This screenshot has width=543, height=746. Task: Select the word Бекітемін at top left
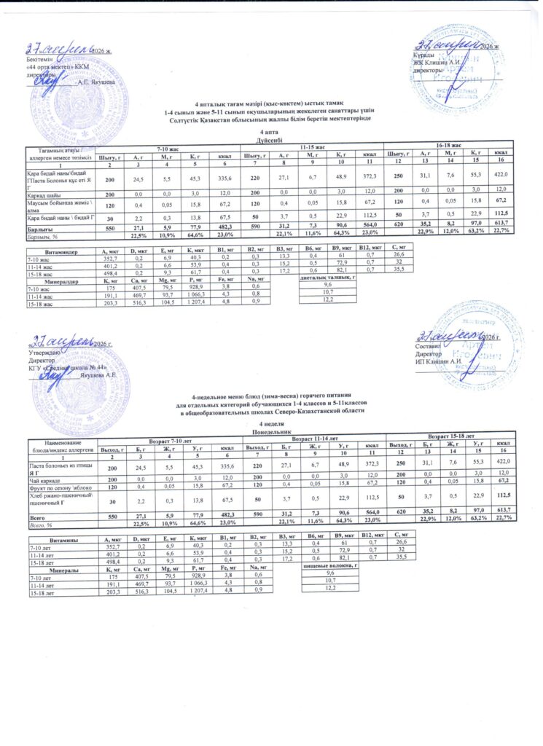tap(29, 58)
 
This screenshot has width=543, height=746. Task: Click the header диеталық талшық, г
tap(327, 278)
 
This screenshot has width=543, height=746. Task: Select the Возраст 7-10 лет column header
tap(171, 440)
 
